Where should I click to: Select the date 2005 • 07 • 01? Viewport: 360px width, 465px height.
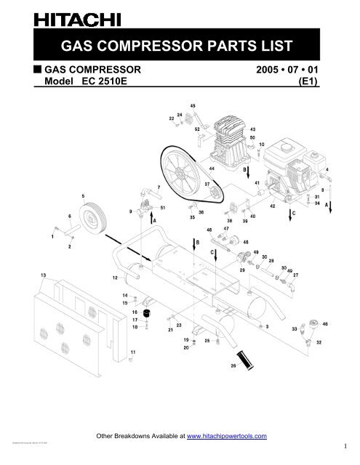click(287, 70)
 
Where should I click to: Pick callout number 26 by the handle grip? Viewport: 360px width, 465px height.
click(233, 366)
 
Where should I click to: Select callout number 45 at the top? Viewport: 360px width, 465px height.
click(192, 106)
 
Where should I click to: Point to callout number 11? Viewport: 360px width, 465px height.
click(132, 353)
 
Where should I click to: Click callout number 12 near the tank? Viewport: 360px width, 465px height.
click(115, 278)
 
